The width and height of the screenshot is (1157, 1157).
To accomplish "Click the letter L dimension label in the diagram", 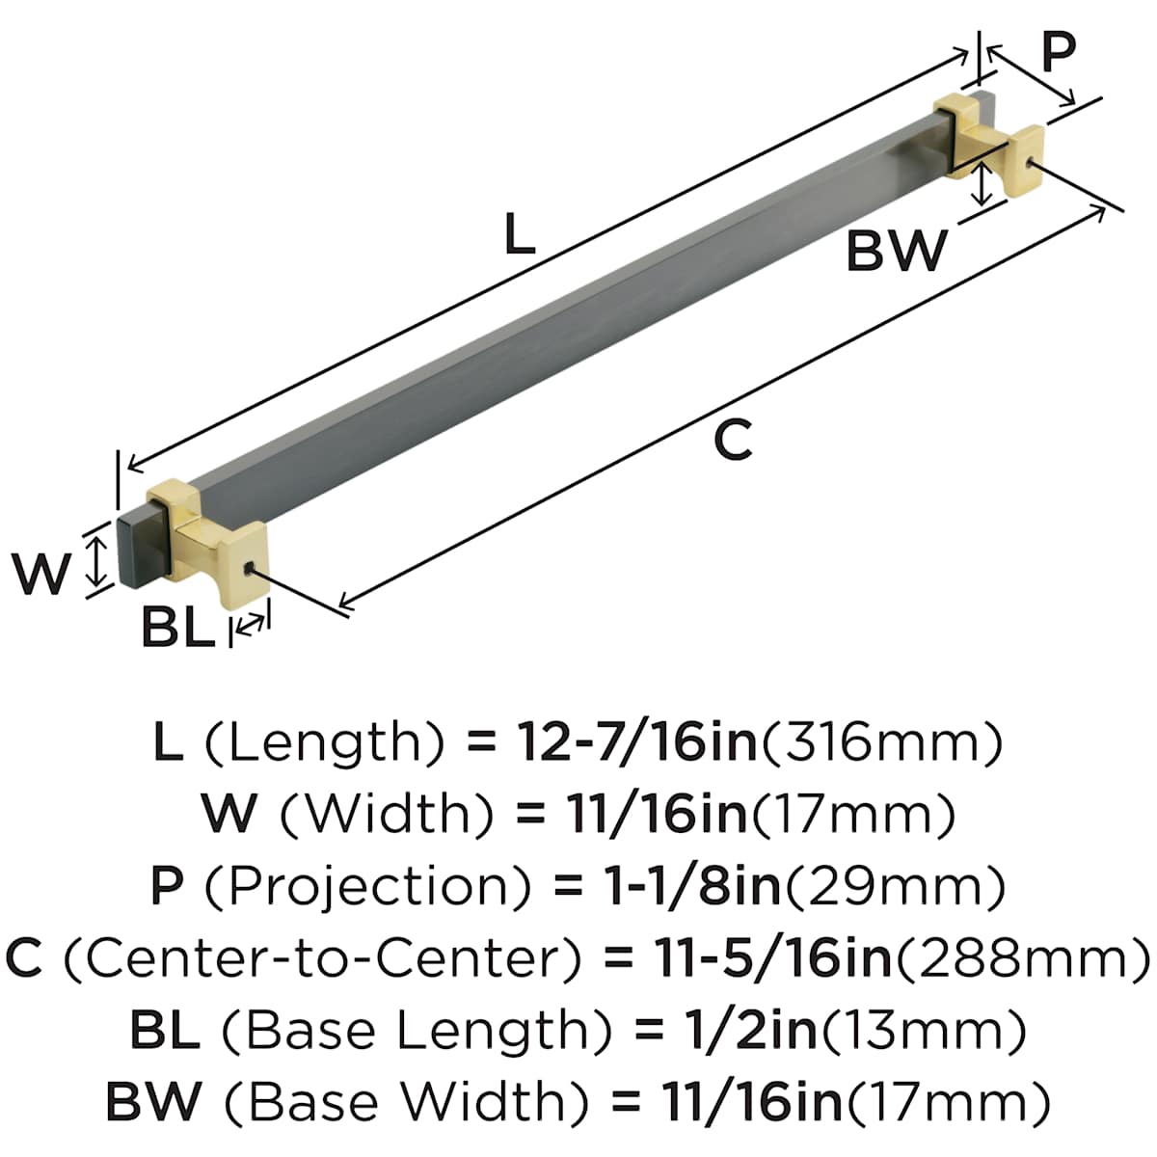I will [x=519, y=234].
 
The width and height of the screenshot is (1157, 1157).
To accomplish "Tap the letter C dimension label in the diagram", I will [x=733, y=441].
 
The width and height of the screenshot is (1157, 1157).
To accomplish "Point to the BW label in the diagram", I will [x=897, y=252].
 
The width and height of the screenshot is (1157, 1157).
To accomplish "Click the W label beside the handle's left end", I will [x=42, y=573].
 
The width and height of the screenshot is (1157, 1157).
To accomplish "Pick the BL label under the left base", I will [x=176, y=629].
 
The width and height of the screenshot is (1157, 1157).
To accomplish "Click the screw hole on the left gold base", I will [x=251, y=569].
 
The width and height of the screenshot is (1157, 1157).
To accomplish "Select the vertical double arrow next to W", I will [x=95, y=561].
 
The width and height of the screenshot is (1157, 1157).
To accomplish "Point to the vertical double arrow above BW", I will [x=982, y=184].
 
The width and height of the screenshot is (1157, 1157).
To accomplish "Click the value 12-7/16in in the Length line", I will [x=638, y=742].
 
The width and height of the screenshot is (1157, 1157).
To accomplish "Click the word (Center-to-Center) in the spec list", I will [x=323, y=957].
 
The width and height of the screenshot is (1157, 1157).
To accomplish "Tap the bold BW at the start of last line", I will [x=153, y=1101].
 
